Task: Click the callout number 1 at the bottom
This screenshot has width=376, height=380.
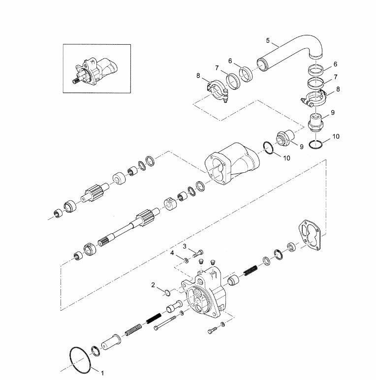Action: pos(102,373)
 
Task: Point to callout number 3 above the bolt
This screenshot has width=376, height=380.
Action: pos(172,253)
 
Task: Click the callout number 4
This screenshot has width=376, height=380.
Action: pos(268,40)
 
